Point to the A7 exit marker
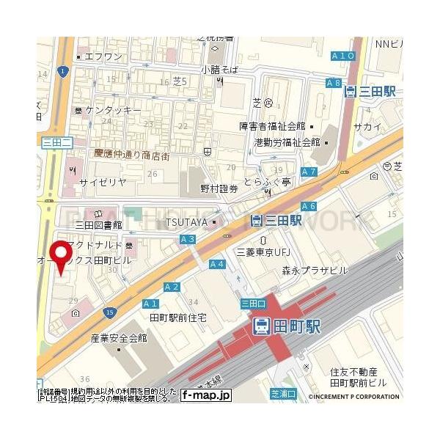(x=309, y=172)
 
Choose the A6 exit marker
(x=308, y=206)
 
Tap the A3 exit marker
(x=188, y=239)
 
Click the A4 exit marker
(x=217, y=263)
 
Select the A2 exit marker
(x=172, y=287)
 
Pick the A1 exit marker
(x=151, y=303)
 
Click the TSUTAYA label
(x=184, y=221)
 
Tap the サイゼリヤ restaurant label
(x=103, y=181)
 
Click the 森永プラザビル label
(x=315, y=271)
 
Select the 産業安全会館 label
(x=119, y=338)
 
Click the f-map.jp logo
(x=206, y=395)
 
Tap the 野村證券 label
(x=219, y=188)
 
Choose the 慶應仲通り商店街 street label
(x=131, y=155)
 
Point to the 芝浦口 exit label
(x=282, y=392)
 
